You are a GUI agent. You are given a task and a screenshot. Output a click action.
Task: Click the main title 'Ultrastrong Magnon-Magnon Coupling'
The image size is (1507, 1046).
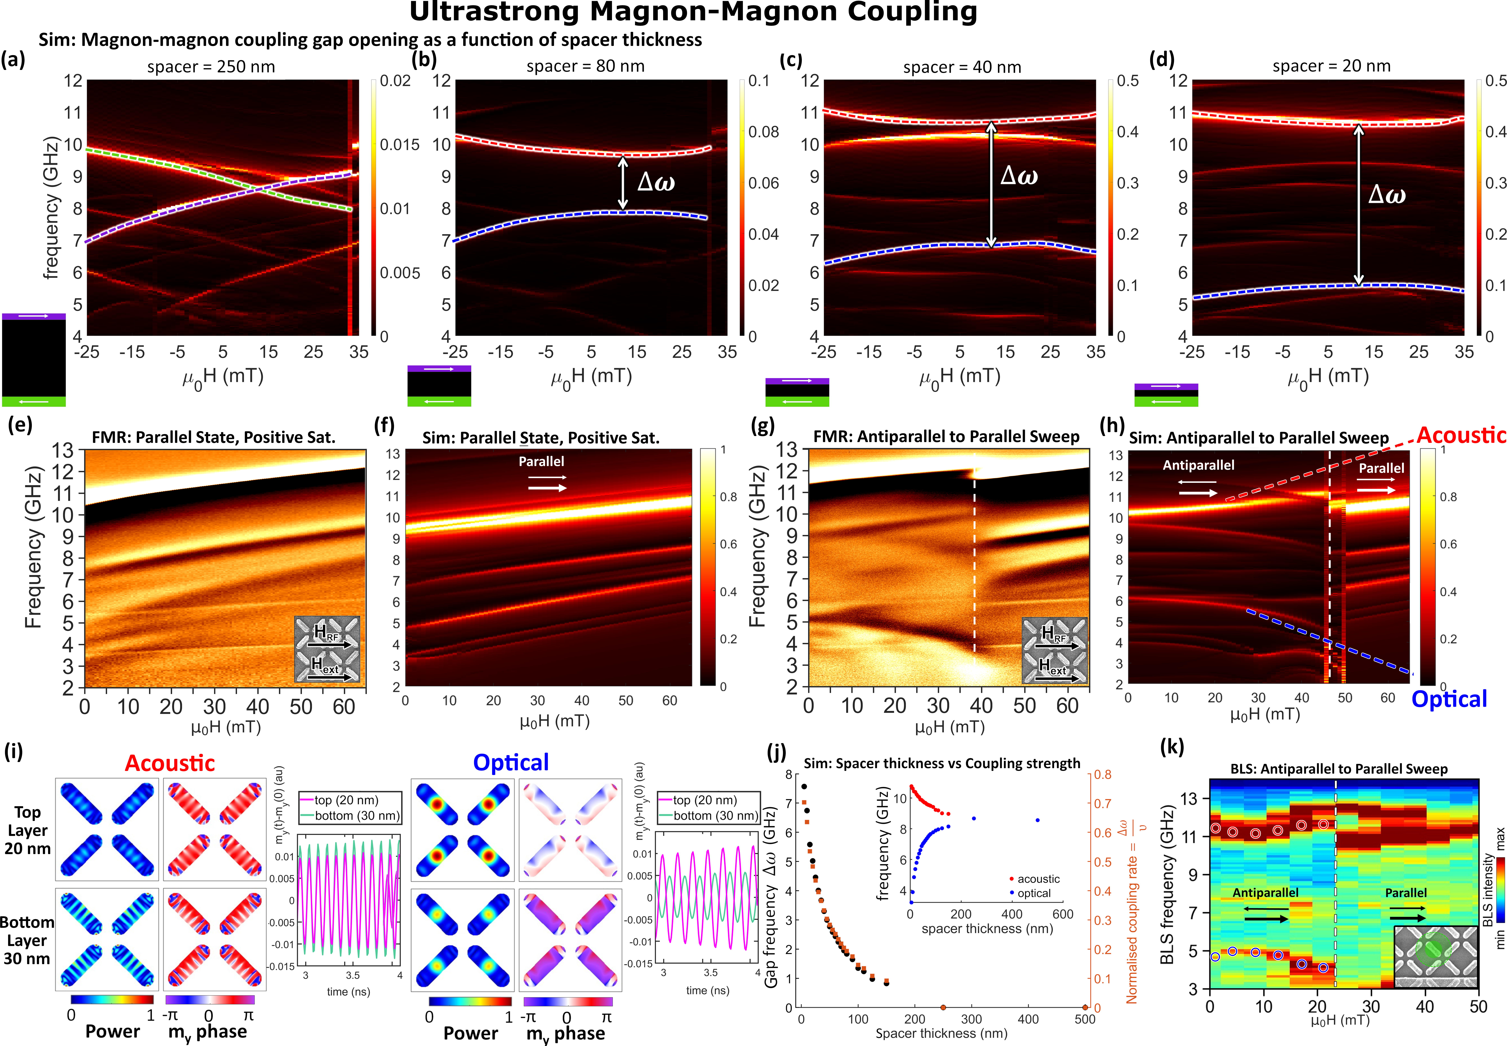coord(693,13)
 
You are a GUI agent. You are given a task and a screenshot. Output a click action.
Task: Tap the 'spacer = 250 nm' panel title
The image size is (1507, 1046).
coord(211,67)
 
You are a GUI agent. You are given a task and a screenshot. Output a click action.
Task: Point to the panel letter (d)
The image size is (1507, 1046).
coord(1162,60)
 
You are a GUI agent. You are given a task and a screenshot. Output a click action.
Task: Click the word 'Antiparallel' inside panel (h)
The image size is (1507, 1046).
coord(1198,465)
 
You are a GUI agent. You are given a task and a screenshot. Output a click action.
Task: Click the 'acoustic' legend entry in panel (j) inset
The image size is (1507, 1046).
coord(1038,879)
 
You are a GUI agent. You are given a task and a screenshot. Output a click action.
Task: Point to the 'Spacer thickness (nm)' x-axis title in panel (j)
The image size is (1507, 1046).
coord(941,1033)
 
